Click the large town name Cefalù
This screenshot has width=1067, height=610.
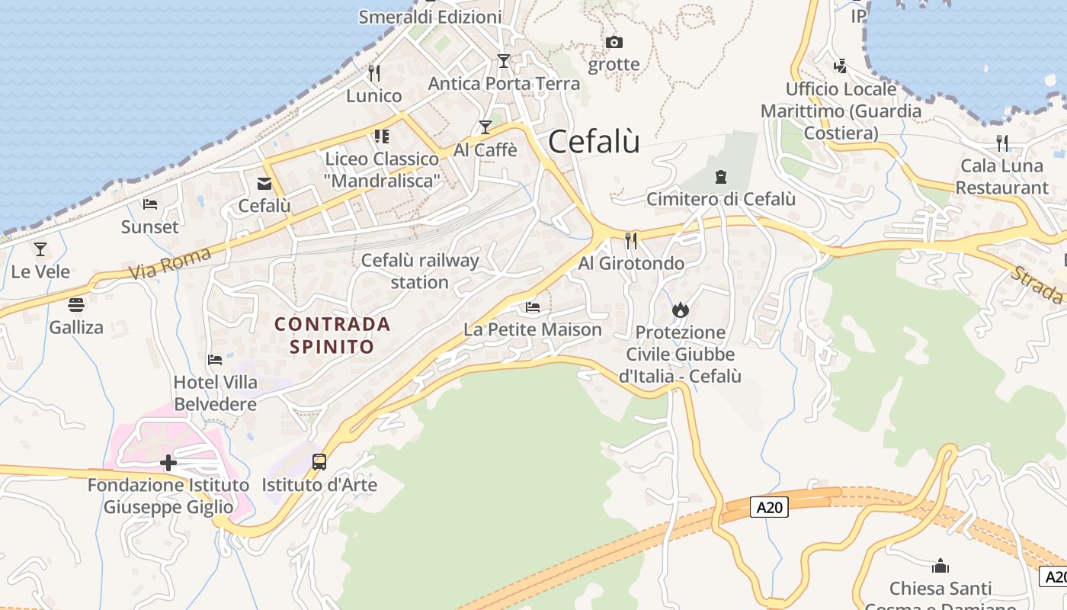[x=594, y=142]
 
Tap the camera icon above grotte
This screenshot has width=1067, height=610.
[x=614, y=42]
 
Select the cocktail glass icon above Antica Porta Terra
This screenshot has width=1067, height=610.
[x=503, y=60]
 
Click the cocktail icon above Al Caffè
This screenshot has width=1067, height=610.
[x=485, y=127]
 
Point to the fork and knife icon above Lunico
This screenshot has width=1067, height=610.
[x=373, y=73]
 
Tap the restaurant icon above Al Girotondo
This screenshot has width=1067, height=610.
[x=631, y=241]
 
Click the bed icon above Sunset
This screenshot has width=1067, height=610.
[x=150, y=204]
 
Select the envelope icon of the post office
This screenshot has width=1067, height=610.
[x=264, y=183]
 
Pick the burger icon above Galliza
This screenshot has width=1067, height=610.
[x=75, y=305]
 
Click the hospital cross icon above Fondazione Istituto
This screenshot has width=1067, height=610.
[x=168, y=462]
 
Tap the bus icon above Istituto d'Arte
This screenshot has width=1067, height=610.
[x=319, y=461]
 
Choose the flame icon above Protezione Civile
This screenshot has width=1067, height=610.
[x=681, y=310]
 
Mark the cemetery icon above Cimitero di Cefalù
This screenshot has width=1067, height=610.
[x=720, y=177]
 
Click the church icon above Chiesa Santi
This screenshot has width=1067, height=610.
[x=940, y=566]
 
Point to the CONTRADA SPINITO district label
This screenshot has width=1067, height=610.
[x=332, y=335]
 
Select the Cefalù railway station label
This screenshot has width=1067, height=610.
[x=420, y=271]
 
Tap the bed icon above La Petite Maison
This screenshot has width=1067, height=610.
[x=533, y=307]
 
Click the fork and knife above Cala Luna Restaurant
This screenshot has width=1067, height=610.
[x=1002, y=143]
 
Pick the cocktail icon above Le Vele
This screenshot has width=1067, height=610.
[x=40, y=249]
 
